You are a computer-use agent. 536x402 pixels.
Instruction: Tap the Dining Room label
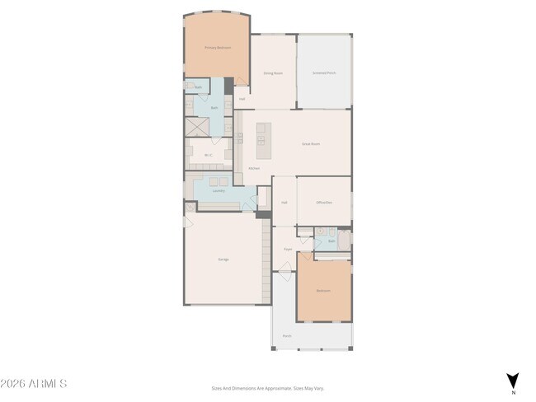tap(274, 72)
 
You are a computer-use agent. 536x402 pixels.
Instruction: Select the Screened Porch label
tap(324, 72)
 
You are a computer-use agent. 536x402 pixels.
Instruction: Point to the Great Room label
tap(310, 143)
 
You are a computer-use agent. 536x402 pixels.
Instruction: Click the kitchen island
tap(264, 141)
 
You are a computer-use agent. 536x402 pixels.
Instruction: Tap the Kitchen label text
tap(255, 168)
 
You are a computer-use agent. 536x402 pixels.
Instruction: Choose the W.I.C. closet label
tap(209, 154)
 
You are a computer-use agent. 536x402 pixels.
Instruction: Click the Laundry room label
tap(219, 191)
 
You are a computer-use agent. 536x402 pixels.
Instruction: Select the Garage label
tap(223, 259)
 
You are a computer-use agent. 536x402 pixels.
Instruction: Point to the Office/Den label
tap(324, 202)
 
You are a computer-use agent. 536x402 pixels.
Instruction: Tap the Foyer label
tap(288, 248)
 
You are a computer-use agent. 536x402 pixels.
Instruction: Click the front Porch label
tap(287, 335)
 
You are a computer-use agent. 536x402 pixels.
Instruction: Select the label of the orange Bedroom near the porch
tap(324, 290)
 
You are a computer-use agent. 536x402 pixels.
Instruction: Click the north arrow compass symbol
tap(512, 381)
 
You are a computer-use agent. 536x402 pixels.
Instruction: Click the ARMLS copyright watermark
tap(35, 384)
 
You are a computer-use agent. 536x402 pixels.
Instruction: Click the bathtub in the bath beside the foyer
tap(344, 240)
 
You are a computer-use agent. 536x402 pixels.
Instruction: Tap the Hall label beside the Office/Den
tap(284, 202)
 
